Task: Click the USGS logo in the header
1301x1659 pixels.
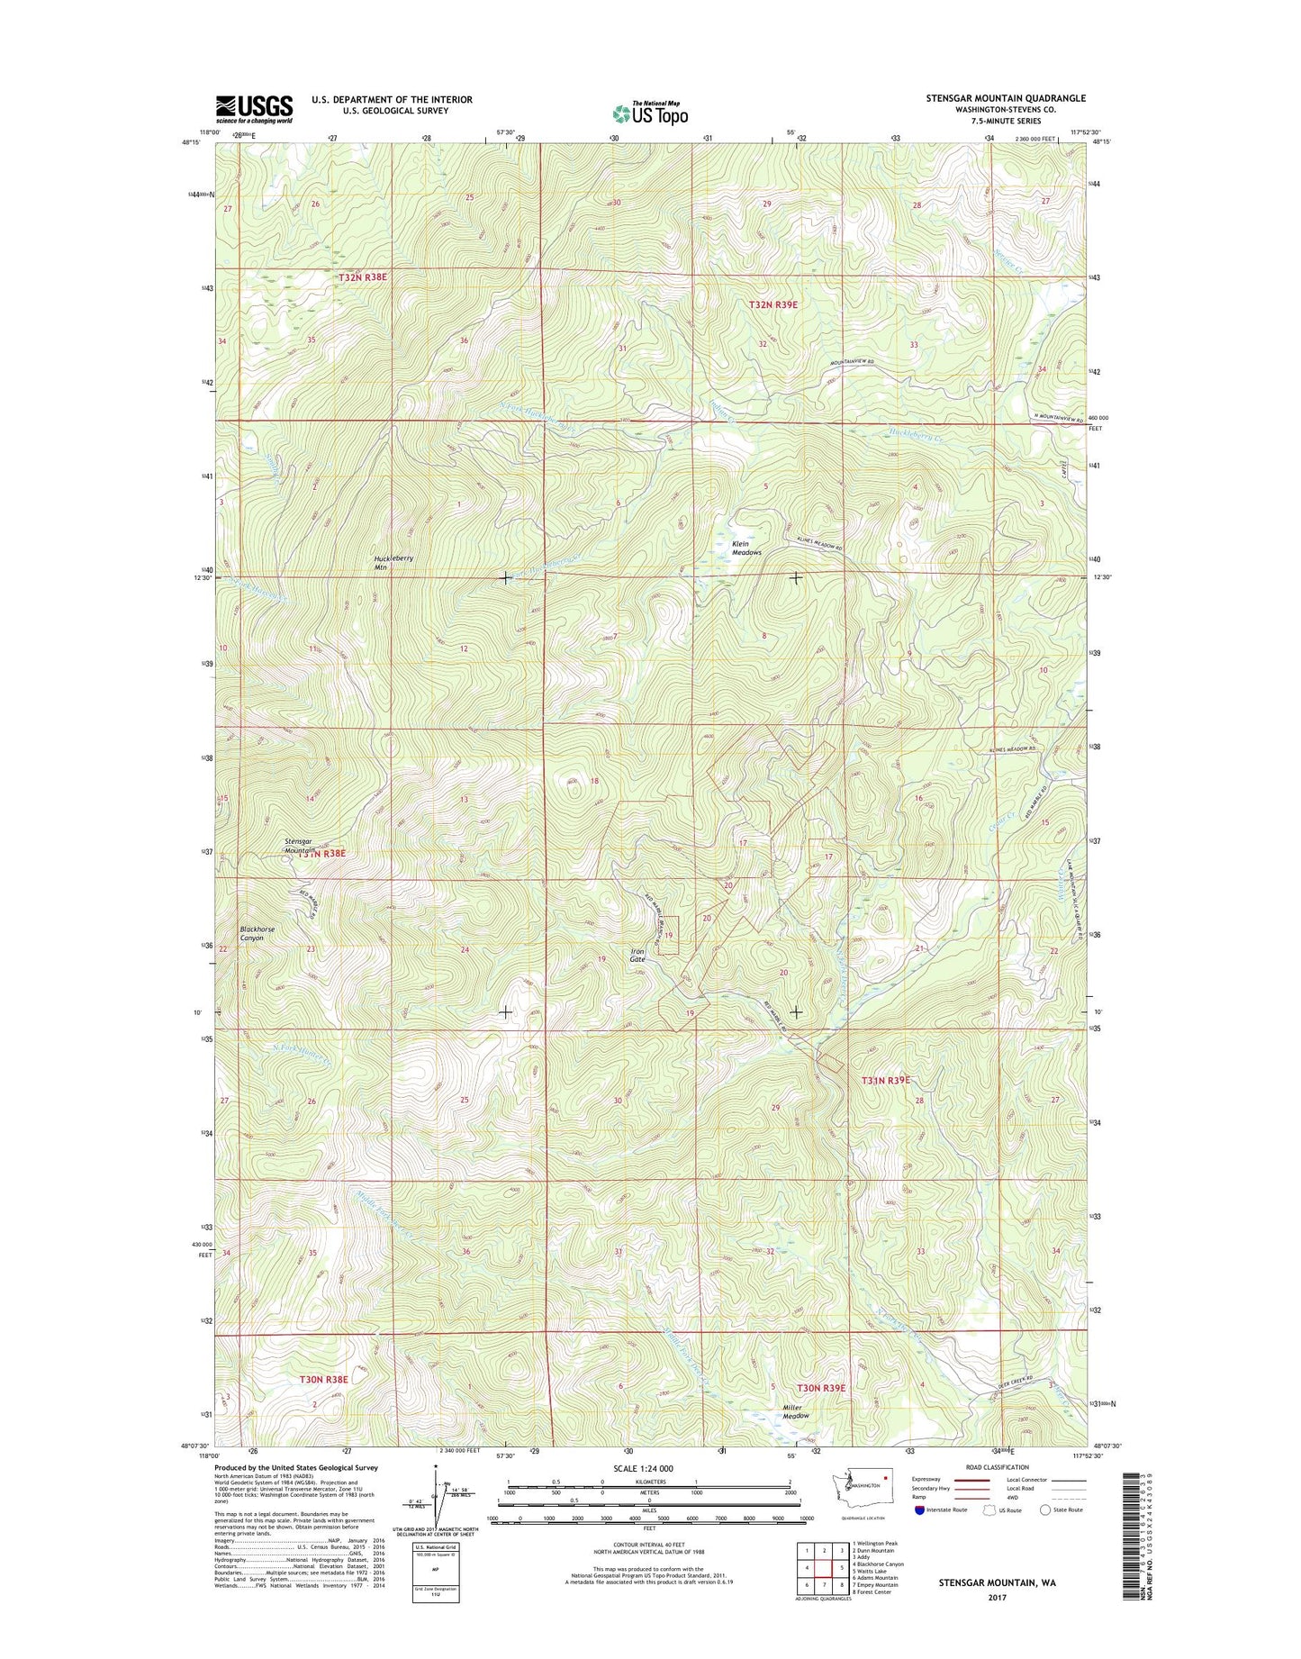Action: [x=254, y=109]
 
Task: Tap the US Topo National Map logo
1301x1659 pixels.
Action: [x=650, y=113]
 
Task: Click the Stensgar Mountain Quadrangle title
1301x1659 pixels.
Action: [x=1006, y=98]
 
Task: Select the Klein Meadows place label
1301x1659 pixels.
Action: [x=746, y=548]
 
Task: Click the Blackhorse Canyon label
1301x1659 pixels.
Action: [x=257, y=933]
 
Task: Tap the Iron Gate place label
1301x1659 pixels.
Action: [x=637, y=956]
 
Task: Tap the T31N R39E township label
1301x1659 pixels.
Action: [x=886, y=1080]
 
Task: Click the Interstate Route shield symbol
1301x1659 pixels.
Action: [x=918, y=1535]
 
